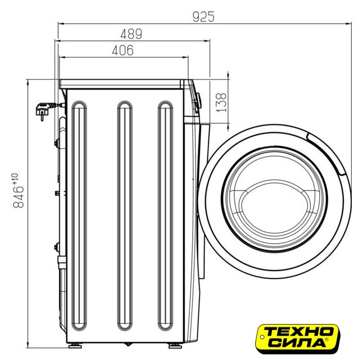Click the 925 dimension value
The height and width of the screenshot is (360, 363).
203,17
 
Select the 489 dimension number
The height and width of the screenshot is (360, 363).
131,34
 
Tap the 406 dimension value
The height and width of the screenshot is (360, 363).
122,50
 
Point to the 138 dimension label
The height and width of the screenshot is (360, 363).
221,102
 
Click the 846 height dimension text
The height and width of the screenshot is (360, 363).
19,196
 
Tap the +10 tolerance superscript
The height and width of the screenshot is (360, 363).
15,178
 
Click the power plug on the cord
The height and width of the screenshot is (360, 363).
43,111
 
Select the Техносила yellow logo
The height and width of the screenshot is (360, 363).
297,339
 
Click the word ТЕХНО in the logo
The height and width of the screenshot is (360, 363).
299,332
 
